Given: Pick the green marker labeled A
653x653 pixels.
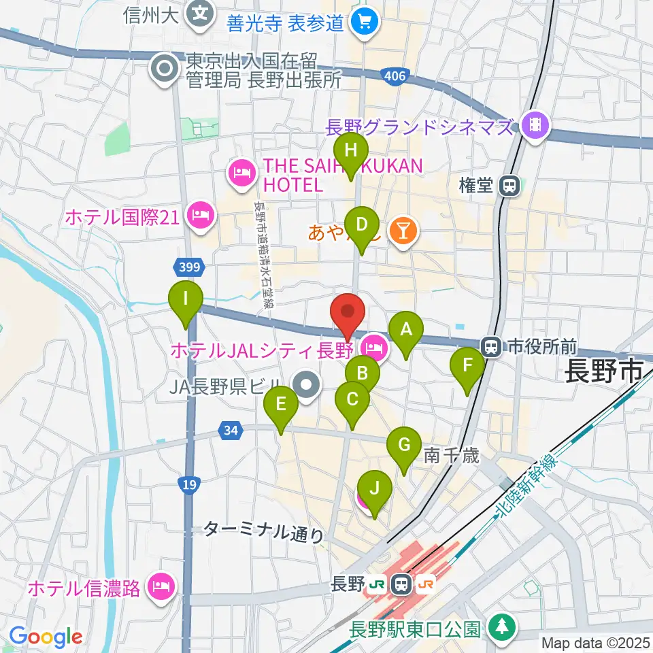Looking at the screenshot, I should [x=407, y=331].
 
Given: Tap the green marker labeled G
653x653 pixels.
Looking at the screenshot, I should [x=404, y=447].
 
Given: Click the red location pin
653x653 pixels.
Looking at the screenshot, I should [x=348, y=314].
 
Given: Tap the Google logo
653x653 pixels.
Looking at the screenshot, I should [x=46, y=637].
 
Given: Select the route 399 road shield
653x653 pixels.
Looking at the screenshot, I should [x=190, y=267].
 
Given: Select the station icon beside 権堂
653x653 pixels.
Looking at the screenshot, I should [x=508, y=186].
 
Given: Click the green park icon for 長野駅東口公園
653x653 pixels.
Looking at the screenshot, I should [x=501, y=626].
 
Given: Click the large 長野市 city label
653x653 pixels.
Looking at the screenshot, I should [x=604, y=372].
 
